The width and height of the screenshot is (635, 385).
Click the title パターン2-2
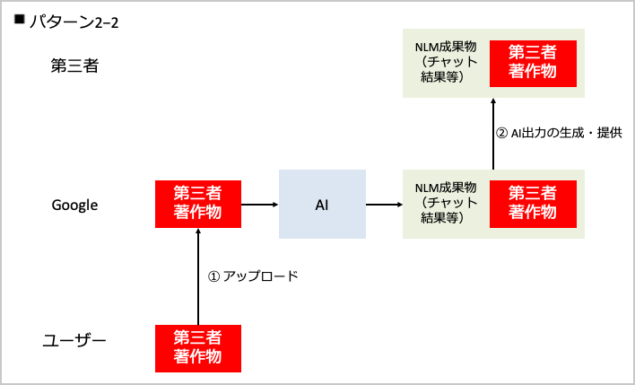[x=74, y=22]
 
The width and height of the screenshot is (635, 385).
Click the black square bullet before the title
[x=19, y=19]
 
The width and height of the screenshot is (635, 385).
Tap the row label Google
[x=74, y=206]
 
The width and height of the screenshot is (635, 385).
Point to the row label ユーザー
[x=75, y=341]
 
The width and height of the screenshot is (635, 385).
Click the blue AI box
[x=322, y=205]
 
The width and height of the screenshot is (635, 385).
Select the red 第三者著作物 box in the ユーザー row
[x=198, y=347]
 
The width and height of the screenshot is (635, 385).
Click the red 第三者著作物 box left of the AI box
[x=198, y=204]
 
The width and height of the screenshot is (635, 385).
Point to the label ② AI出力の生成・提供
[x=559, y=133]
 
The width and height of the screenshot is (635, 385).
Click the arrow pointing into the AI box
[x=261, y=205]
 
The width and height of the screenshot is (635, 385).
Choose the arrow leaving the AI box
[x=384, y=205]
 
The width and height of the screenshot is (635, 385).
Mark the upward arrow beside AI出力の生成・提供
[x=492, y=133]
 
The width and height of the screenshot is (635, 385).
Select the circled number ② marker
[x=501, y=133]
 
